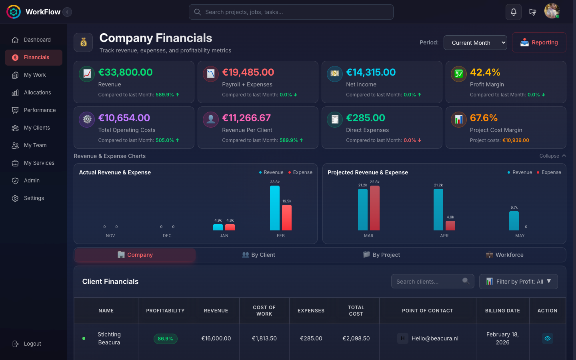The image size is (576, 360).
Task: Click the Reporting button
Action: click(539, 42)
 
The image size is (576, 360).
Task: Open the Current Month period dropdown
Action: click(475, 42)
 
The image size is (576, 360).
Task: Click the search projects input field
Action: click(291, 12)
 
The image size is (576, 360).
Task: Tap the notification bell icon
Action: click(513, 12)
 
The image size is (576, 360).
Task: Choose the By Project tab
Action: click(381, 255)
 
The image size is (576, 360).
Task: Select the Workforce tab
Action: click(504, 255)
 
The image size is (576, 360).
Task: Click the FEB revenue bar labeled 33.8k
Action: click(275, 208)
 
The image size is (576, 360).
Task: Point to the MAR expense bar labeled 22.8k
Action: click(375, 208)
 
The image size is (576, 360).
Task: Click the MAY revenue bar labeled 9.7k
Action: click(514, 221)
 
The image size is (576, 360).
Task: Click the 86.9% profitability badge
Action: click(165, 339)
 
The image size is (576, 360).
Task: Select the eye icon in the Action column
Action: click(547, 338)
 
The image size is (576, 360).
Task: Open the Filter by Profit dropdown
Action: click(518, 282)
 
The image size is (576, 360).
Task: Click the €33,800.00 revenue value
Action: click(126, 72)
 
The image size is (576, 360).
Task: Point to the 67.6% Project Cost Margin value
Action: click(484, 118)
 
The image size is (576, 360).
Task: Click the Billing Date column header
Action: click(502, 311)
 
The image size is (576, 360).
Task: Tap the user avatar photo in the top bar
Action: click(552, 11)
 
